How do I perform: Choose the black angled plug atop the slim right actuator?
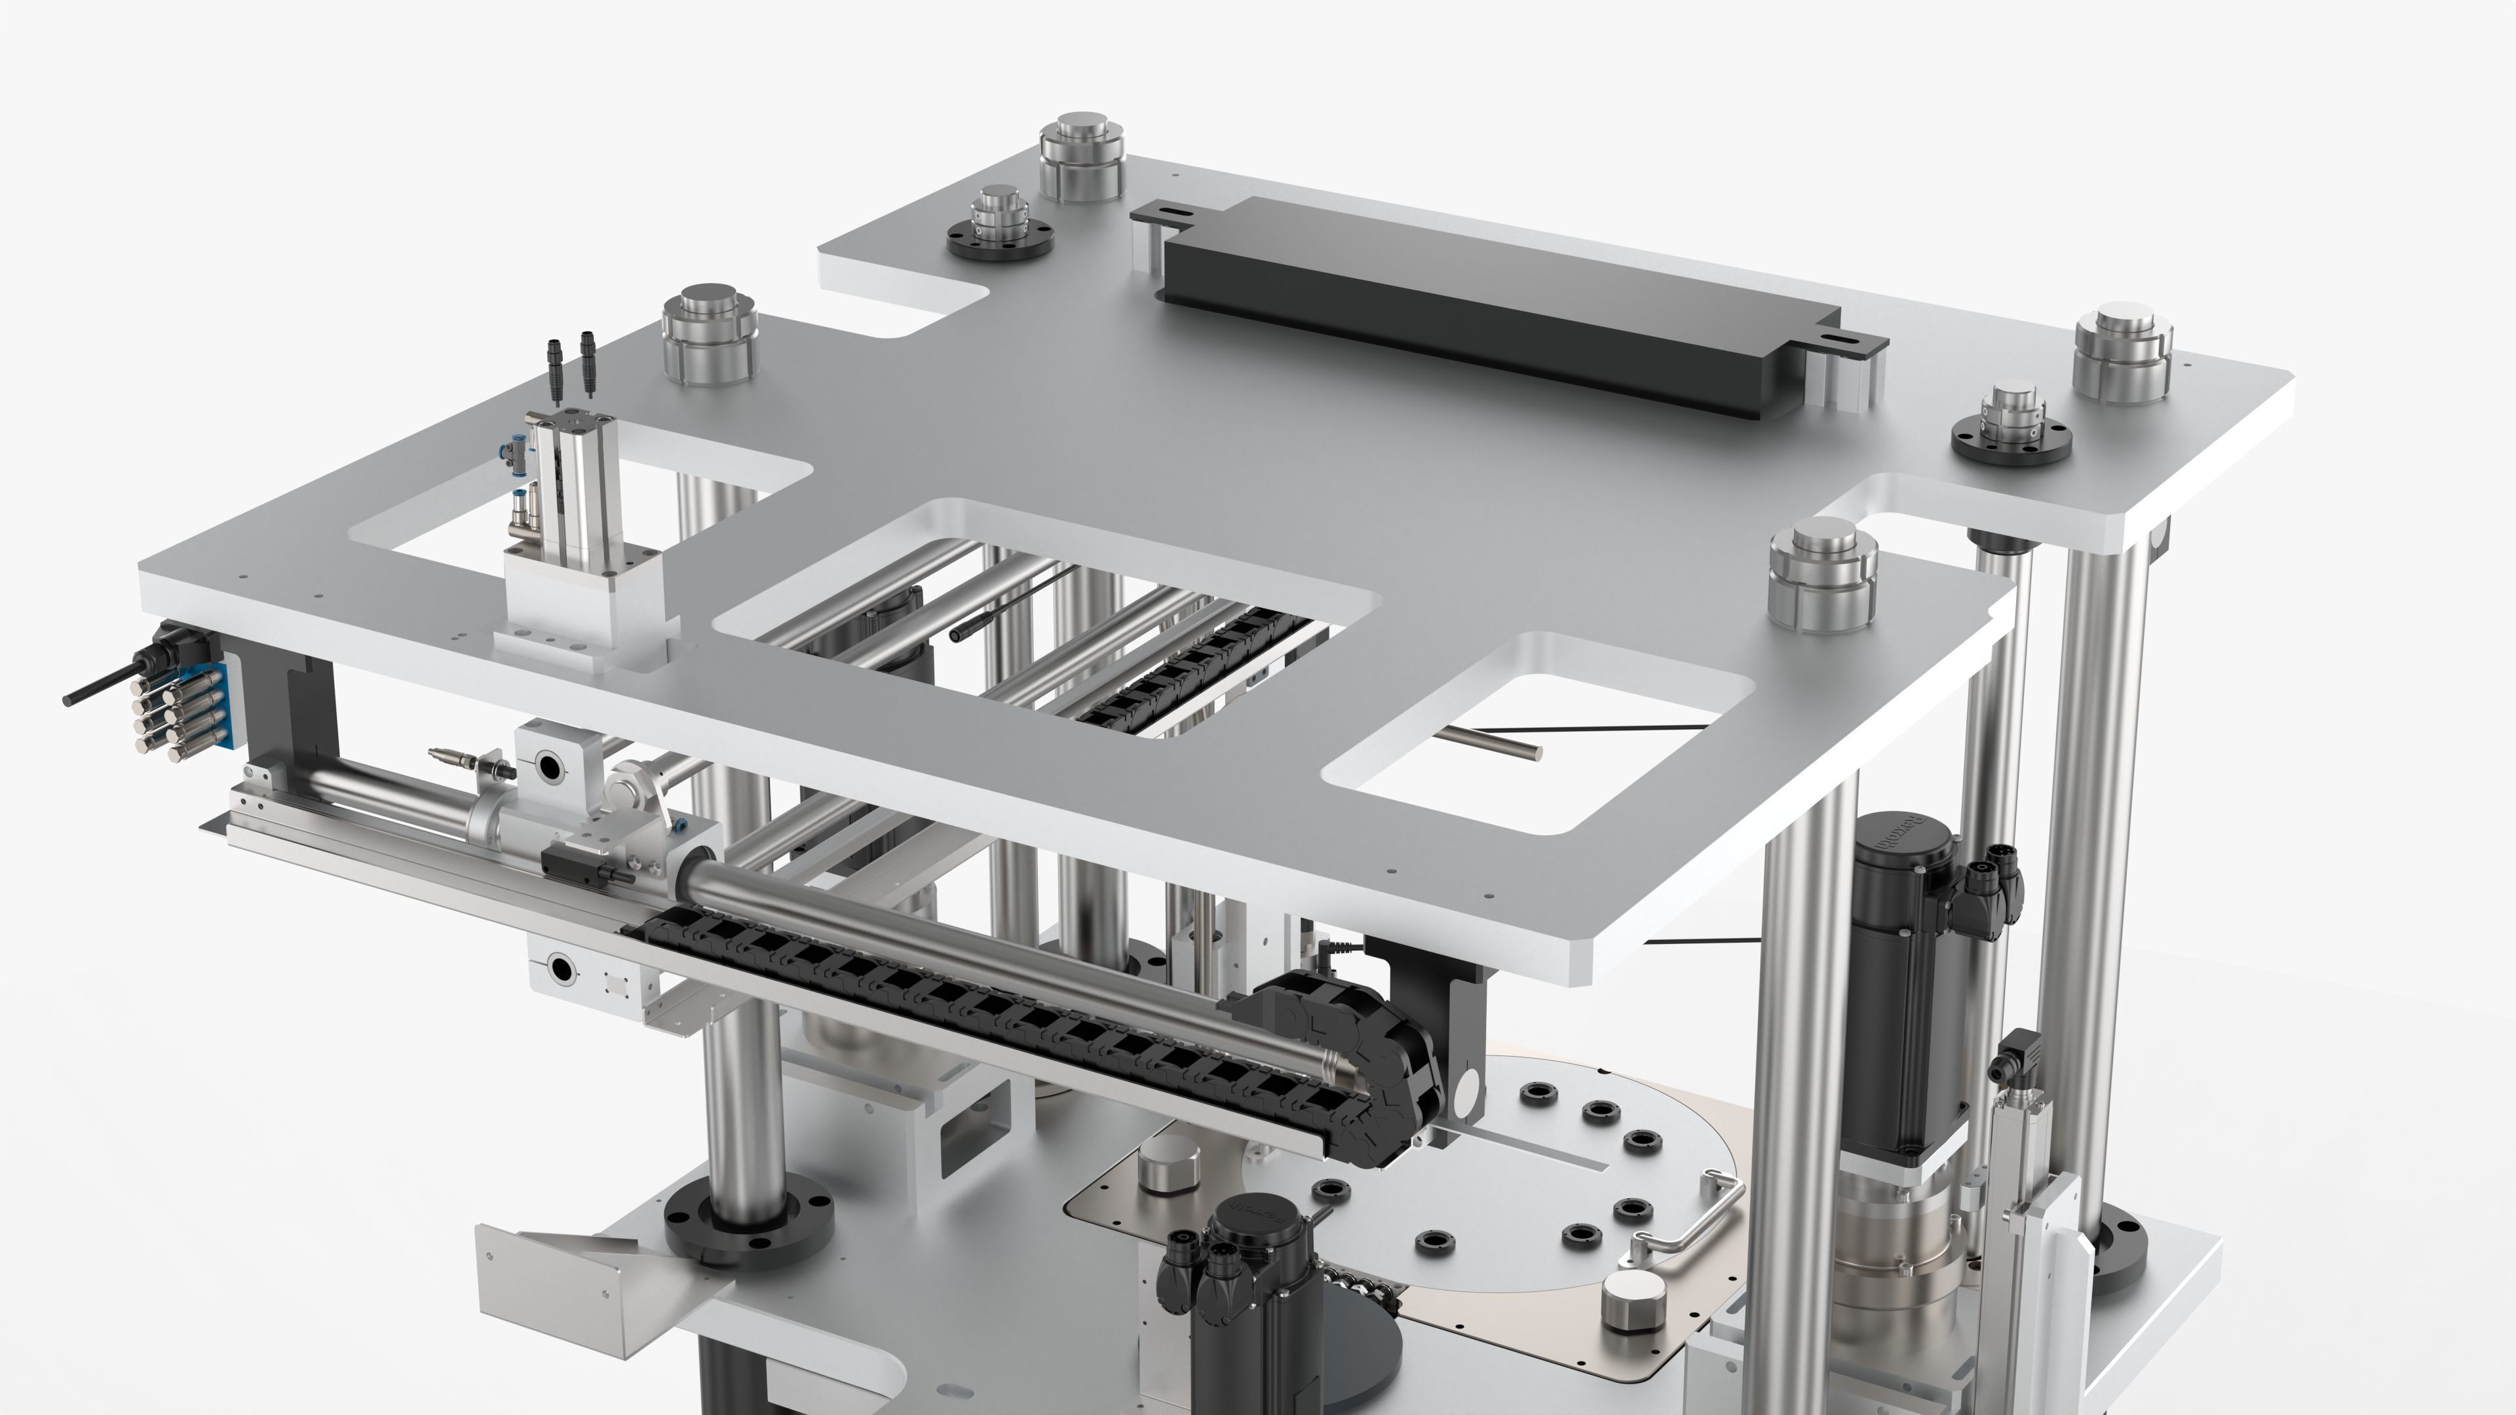[2012, 1059]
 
